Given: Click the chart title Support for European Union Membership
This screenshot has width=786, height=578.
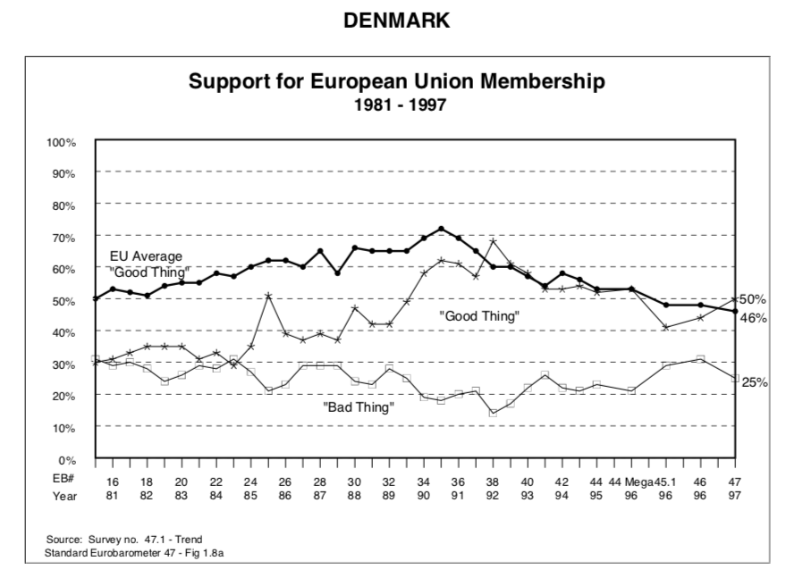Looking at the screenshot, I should tap(398, 82).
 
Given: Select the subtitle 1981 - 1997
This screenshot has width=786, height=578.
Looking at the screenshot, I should tap(397, 104).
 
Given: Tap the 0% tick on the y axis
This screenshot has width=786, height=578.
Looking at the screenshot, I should tap(67, 459).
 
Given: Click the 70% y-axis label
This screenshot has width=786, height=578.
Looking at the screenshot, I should tap(63, 237).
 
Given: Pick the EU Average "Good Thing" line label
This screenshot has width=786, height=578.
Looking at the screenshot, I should tap(147, 264).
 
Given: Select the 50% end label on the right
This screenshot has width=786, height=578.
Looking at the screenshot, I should tap(754, 298).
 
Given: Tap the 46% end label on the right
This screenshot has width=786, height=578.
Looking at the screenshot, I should tap(754, 318).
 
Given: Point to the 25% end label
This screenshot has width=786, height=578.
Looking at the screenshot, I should tap(756, 381).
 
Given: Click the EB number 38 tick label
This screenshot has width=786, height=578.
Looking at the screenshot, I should tap(492, 481).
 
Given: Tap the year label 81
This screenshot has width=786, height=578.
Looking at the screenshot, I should tap(113, 495).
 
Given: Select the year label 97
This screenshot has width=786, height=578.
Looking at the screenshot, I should tap(736, 495).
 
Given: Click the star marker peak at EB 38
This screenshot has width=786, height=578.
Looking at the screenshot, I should tap(493, 241).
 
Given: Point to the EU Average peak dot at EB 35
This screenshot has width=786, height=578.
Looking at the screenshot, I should tap(441, 229).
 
